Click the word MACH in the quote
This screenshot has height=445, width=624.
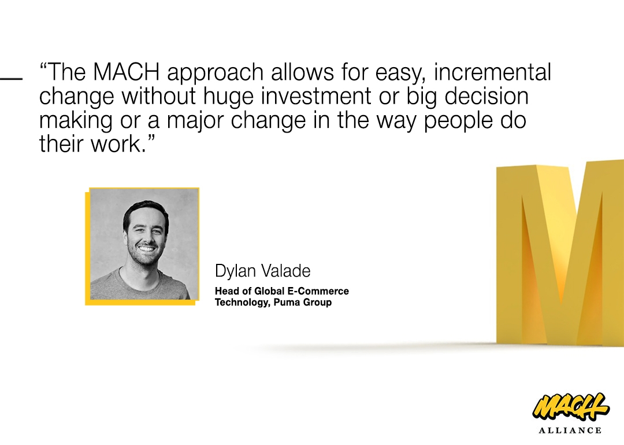126,72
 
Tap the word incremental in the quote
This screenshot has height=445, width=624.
492,72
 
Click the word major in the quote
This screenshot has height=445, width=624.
195,120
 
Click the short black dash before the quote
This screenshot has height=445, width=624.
11,79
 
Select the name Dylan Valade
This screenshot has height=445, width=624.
263,271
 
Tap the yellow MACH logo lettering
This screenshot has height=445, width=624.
571,407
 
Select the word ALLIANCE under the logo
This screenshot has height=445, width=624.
570,431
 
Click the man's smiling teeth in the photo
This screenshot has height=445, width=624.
146,249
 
